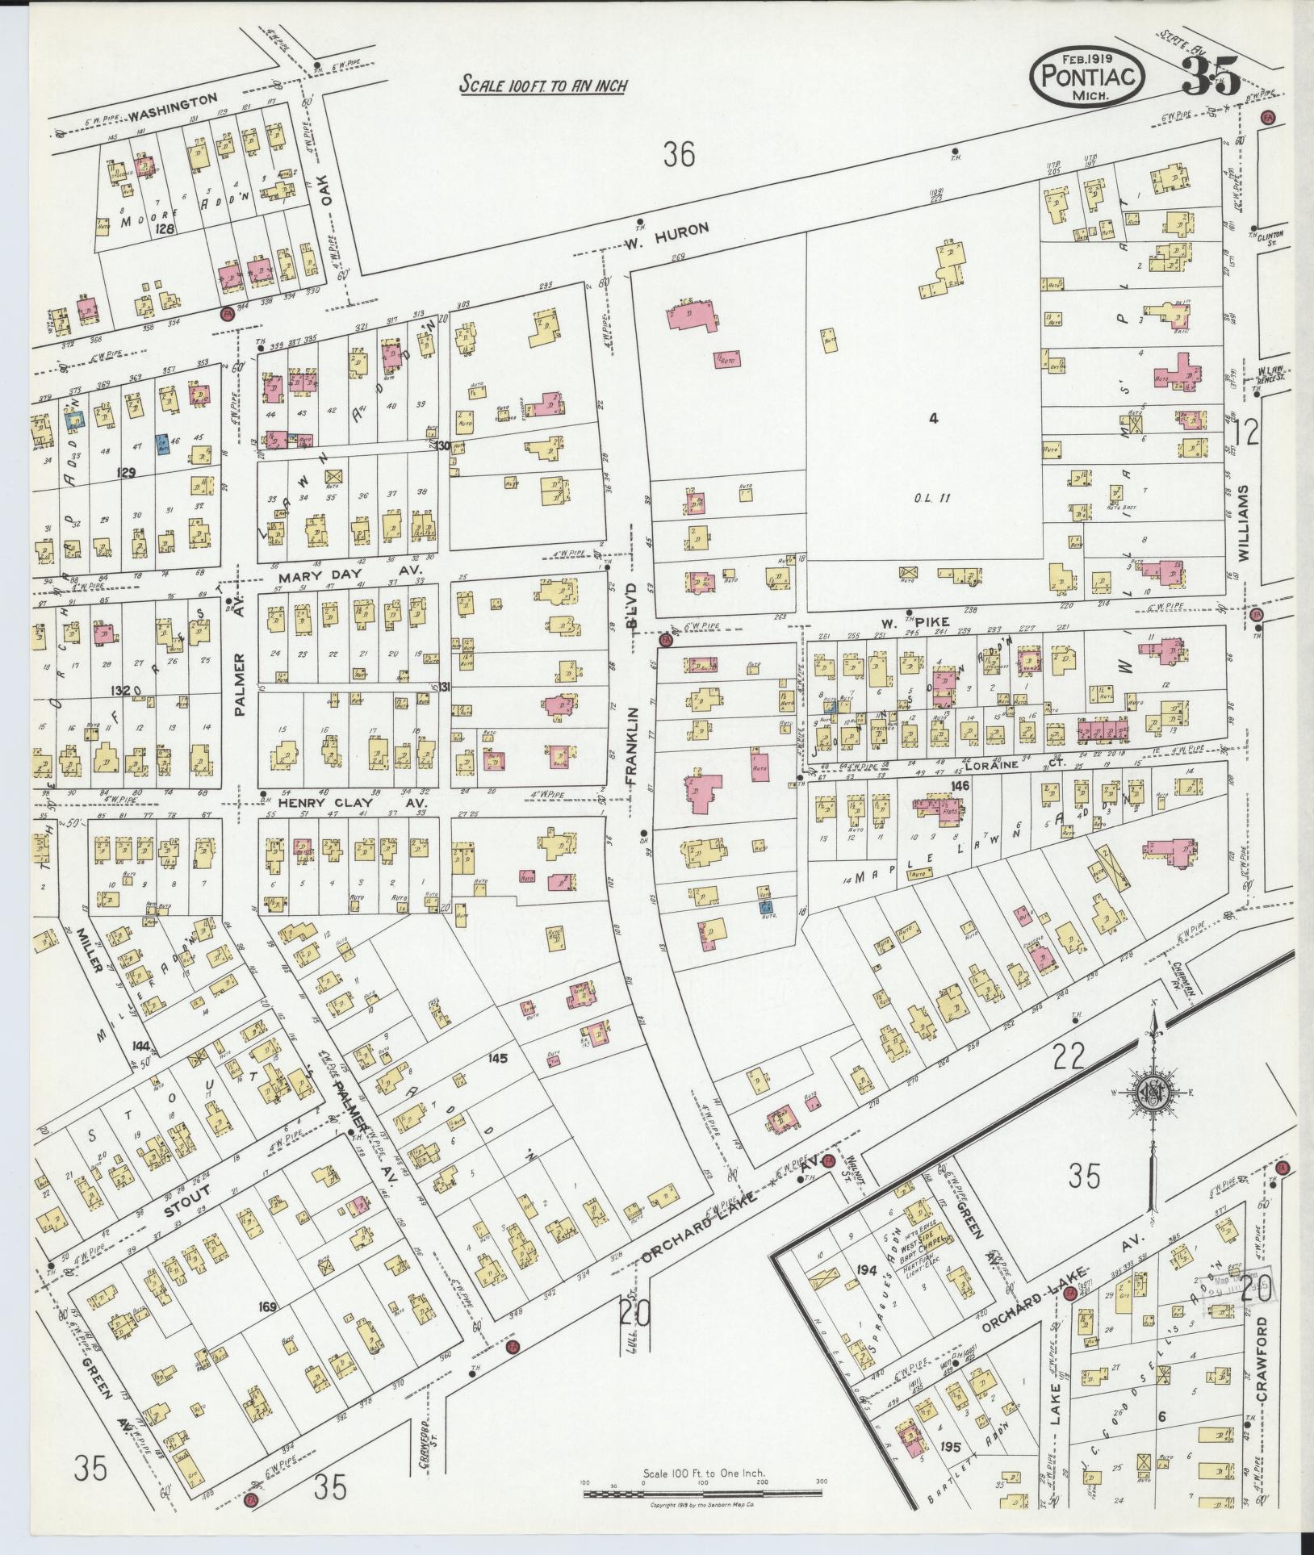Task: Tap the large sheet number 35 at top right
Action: pos(1210,77)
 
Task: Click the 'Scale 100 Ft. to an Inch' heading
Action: pos(543,85)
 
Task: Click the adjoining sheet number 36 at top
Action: pos(679,153)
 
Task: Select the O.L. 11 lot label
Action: pos(934,497)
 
